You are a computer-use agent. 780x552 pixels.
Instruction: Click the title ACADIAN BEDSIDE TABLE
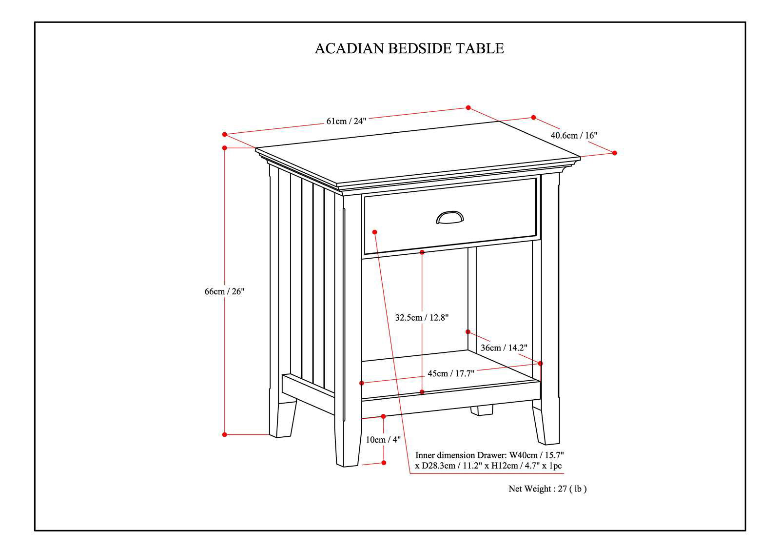(409, 48)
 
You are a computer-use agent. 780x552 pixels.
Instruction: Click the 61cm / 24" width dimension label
(346, 121)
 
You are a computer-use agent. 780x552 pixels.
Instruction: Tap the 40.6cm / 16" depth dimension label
(574, 135)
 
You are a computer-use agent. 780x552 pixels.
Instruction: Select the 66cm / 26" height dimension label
(224, 291)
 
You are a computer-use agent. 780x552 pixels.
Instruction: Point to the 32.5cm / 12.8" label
(422, 318)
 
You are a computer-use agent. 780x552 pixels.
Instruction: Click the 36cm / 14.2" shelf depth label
(504, 348)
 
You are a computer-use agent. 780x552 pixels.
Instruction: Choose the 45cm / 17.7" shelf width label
(451, 373)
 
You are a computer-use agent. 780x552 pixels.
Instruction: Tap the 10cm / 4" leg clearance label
(383, 439)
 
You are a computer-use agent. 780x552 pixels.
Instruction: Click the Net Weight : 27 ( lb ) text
(547, 489)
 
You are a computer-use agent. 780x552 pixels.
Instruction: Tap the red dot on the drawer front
(374, 232)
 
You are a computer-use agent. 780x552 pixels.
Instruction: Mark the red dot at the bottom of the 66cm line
(225, 434)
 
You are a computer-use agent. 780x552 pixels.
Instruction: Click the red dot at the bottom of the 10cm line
(384, 462)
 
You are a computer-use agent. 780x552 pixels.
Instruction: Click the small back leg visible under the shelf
(482, 410)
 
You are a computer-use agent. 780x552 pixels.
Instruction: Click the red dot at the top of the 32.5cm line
(422, 252)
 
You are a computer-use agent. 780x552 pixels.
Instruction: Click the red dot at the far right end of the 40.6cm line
(614, 153)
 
